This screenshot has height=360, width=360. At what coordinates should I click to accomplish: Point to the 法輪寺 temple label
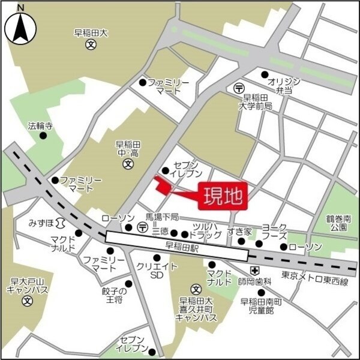pos(41,127)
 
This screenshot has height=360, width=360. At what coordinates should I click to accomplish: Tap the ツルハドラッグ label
pos(207,230)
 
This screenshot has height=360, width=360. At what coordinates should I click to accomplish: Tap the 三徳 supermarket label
pos(160,231)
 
